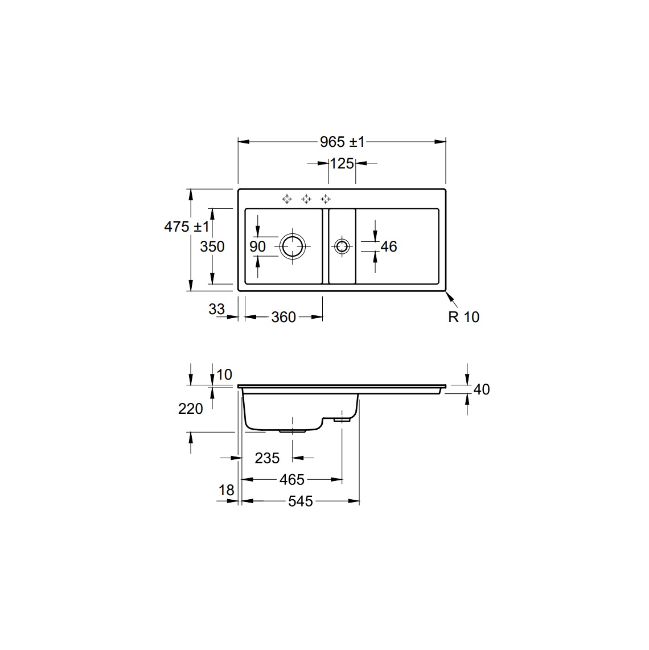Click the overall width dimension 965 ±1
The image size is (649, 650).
coord(342,142)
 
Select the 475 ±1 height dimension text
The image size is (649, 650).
coord(187,227)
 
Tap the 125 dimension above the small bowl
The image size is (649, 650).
coord(342,164)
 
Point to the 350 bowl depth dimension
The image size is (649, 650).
coord(212,246)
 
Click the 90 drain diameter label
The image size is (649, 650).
coord(257,246)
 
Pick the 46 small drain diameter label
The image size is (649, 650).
coord(389,246)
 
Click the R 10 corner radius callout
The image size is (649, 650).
coord(463,317)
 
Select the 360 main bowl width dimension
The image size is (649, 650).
coord(284,317)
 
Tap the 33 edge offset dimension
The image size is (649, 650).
coord(216,309)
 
